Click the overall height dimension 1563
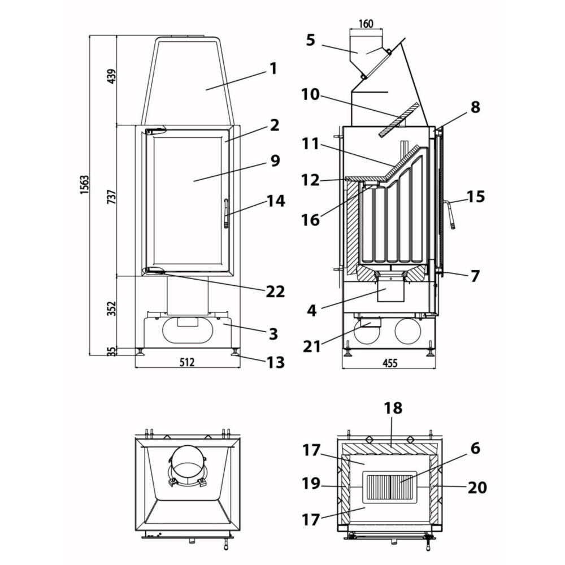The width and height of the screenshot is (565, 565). [x=84, y=193]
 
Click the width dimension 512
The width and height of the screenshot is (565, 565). [x=186, y=362]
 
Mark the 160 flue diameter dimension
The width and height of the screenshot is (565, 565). [x=366, y=24]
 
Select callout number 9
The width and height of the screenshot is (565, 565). [x=275, y=160]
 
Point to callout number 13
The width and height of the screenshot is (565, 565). [x=275, y=362]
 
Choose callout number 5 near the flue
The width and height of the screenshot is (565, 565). [x=310, y=40]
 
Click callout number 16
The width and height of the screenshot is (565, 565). [x=310, y=219]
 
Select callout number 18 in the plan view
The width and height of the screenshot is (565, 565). [x=393, y=408]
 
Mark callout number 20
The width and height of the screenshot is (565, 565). [x=477, y=486]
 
